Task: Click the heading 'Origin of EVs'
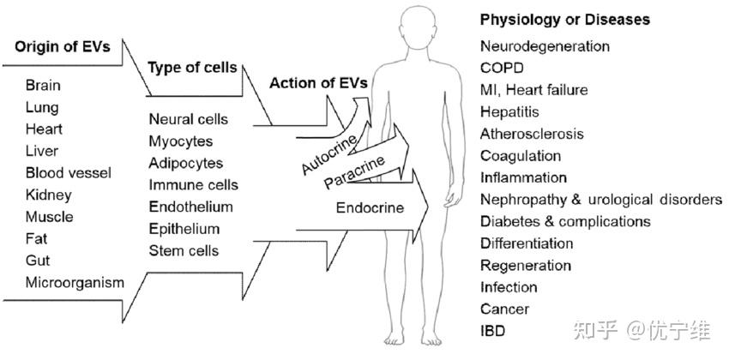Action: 63,47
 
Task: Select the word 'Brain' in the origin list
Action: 43,86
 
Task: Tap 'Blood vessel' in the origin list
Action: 69,173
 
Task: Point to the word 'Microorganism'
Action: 75,282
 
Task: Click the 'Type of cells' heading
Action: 192,68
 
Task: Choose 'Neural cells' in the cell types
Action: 189,119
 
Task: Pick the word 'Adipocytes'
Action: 186,163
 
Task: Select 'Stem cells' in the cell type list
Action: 184,251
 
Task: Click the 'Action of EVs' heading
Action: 319,83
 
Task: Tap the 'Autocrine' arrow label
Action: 329,154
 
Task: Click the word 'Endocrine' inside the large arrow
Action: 370,207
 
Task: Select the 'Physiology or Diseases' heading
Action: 565,20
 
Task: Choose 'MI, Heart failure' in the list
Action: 533,90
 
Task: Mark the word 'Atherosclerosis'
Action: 532,134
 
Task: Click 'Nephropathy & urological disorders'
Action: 601,200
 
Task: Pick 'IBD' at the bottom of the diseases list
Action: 493,331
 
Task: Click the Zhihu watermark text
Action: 642,330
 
